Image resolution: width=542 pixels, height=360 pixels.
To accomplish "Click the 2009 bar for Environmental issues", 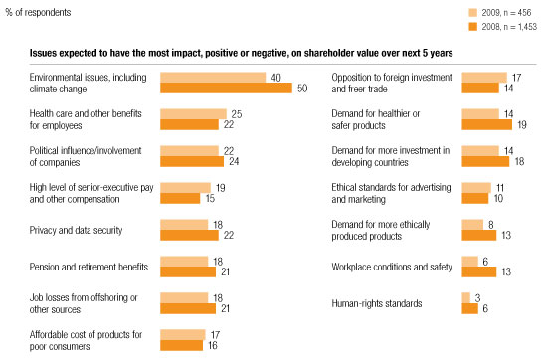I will tap(212, 78).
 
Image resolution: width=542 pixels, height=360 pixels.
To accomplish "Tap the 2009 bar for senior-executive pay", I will tap(185, 188).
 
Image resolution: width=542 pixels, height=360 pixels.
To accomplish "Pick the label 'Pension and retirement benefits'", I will tap(75, 267).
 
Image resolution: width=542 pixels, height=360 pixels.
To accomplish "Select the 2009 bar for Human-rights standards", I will tap(465, 297).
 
